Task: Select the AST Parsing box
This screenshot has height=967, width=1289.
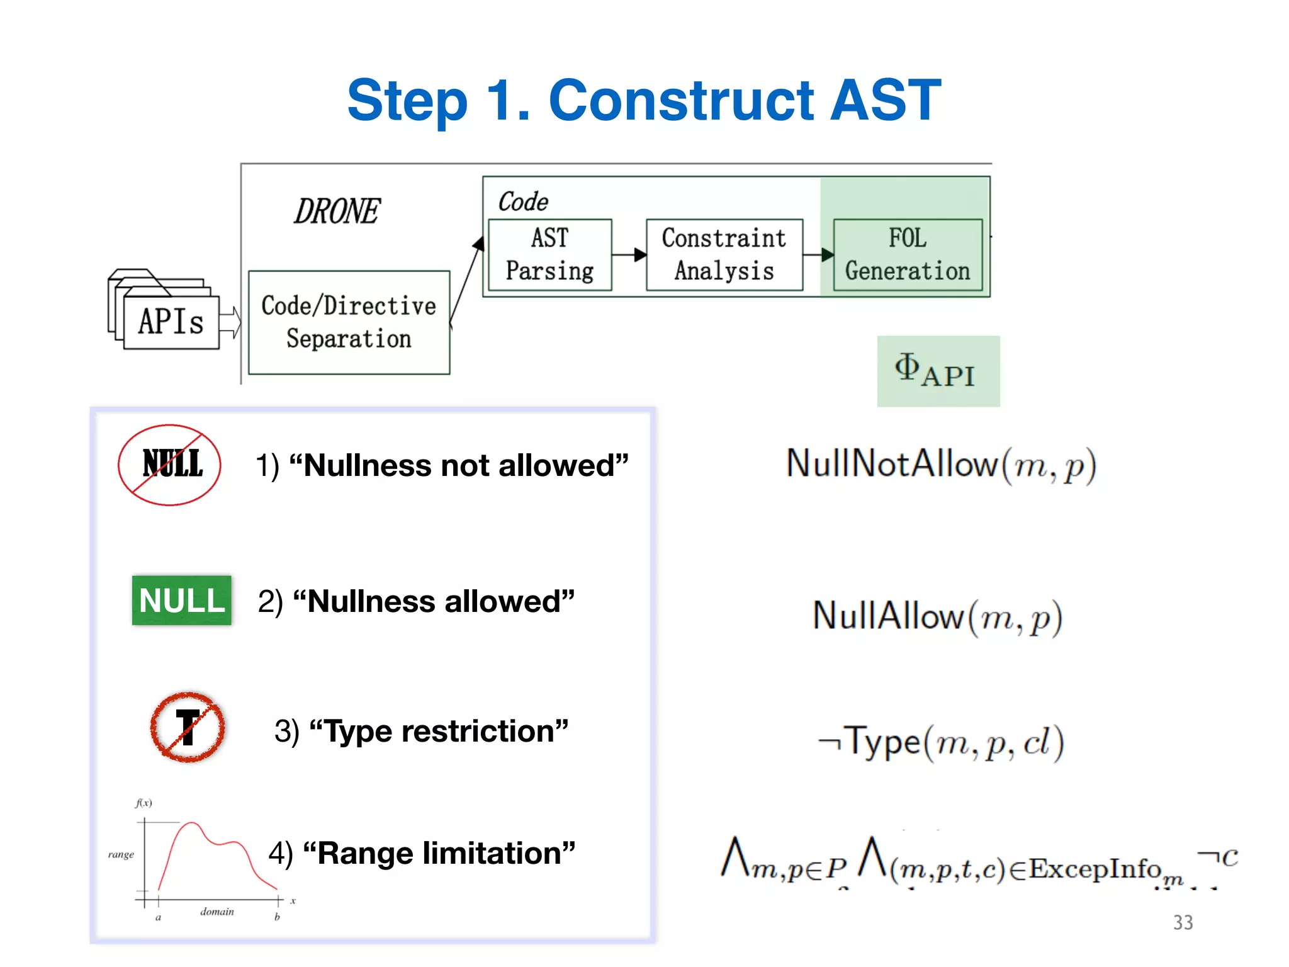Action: click(549, 255)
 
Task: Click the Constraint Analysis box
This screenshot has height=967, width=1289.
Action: click(724, 255)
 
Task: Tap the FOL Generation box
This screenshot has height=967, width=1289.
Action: click(907, 255)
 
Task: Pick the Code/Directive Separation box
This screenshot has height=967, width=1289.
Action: click(349, 322)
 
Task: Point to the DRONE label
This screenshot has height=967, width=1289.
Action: click(337, 212)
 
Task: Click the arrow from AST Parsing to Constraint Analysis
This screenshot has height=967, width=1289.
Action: click(629, 255)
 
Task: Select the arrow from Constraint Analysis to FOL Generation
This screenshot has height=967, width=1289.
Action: click(818, 255)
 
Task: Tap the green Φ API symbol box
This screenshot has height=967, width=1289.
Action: click(938, 371)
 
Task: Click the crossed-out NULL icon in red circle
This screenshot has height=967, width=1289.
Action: click(170, 465)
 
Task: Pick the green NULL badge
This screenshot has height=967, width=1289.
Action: click(181, 601)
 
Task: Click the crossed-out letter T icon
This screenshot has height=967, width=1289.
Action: click(188, 728)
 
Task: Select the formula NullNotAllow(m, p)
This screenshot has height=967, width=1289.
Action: click(941, 466)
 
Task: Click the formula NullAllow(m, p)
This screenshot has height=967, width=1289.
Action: click(938, 617)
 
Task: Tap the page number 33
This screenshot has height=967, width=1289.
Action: click(1183, 922)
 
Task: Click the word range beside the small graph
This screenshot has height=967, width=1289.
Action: click(121, 854)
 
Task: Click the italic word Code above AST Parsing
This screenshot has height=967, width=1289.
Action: click(523, 202)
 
